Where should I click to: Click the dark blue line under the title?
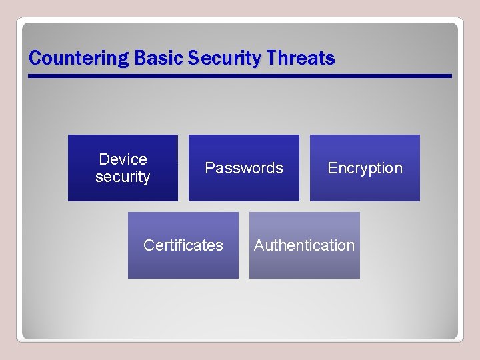(x=240, y=76)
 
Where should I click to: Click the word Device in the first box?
(x=123, y=159)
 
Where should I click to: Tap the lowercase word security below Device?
(x=123, y=177)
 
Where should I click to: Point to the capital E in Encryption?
(x=331, y=168)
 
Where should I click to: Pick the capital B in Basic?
(x=139, y=59)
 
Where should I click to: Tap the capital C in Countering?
(x=35, y=59)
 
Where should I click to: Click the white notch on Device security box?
(x=177, y=147)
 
